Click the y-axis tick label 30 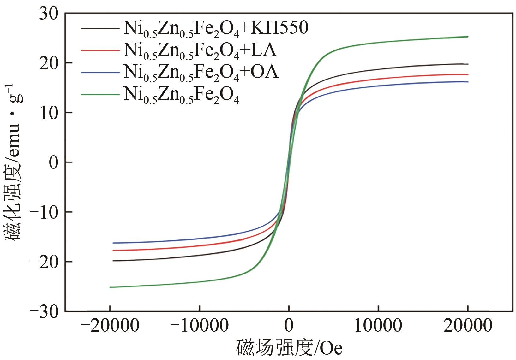pos(49,14)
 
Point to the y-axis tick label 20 pos(49,63)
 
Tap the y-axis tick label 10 pos(49,113)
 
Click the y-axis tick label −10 pos(44,212)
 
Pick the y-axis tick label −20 pos(44,262)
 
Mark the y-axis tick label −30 pos(44,311)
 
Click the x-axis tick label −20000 pos(110,326)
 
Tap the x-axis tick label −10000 pos(199,326)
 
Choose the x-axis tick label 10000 pos(378,326)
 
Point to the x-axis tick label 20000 pos(467,326)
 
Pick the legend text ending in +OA pos(201,73)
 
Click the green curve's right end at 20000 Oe pos(467,37)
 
